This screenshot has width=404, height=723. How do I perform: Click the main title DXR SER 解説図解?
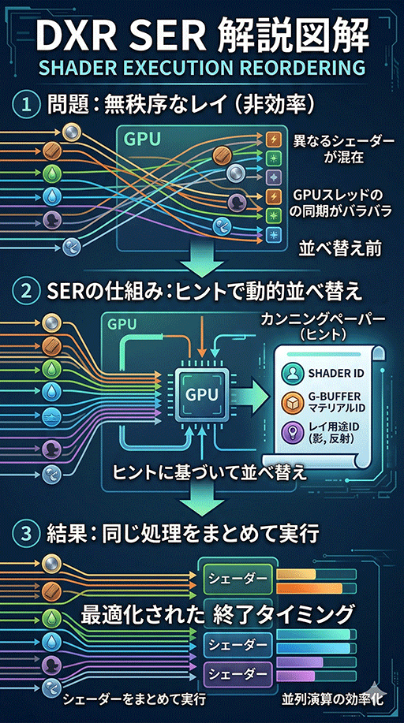click(202, 35)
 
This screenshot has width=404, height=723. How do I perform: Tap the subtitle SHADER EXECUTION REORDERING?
click(202, 68)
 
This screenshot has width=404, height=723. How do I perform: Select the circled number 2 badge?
click(27, 291)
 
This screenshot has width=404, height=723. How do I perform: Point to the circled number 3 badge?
click(27, 534)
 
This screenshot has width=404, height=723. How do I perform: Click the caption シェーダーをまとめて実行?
click(134, 699)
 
